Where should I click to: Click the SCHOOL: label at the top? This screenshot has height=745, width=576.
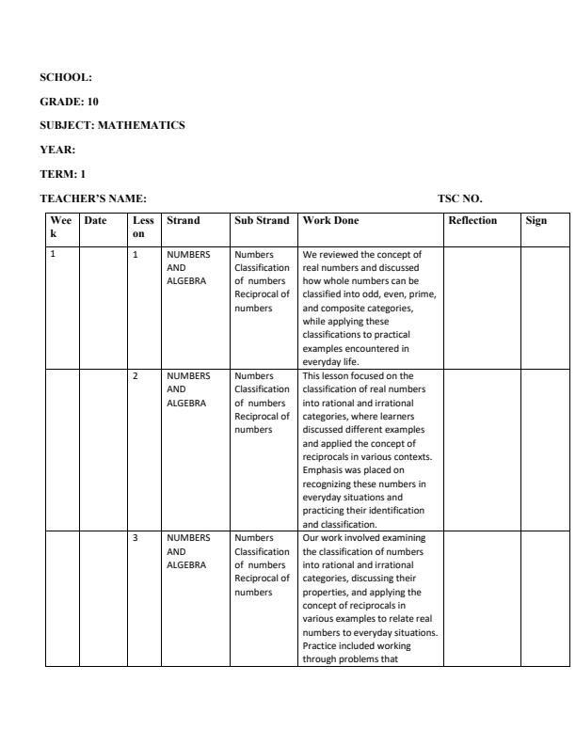tap(65, 77)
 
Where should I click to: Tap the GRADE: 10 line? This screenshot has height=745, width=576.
tap(69, 101)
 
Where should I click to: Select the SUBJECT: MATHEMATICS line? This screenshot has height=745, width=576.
tap(112, 125)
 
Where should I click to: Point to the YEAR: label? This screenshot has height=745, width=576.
tap(57, 150)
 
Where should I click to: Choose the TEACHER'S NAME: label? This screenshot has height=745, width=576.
tap(93, 198)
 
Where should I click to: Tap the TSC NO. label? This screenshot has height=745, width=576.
tap(459, 198)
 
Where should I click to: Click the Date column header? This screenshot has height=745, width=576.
tap(95, 221)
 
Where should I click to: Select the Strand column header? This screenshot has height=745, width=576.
tap(183, 221)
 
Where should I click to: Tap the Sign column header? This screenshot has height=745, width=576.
tap(536, 221)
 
